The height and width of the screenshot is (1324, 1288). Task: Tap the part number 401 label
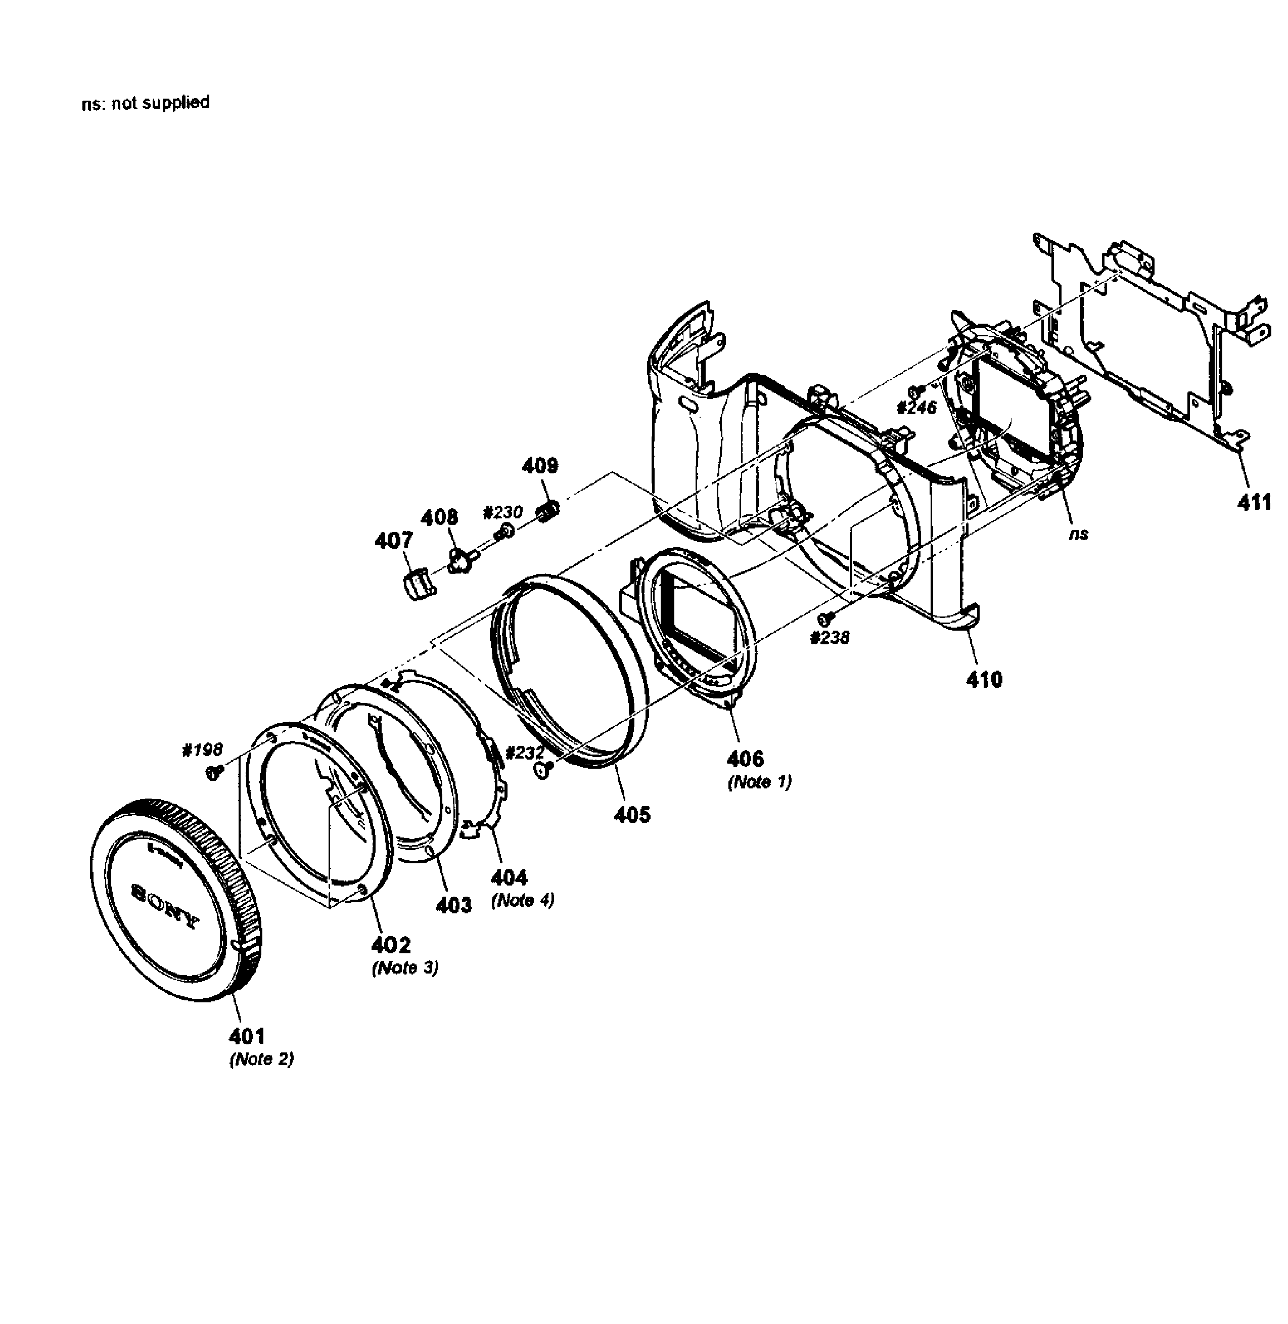(x=247, y=1036)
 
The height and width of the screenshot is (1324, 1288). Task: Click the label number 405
(x=632, y=815)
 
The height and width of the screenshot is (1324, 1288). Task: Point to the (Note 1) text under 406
(x=759, y=782)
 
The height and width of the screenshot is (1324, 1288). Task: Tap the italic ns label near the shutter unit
(x=1078, y=534)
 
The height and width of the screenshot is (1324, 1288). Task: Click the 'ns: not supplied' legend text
(x=146, y=103)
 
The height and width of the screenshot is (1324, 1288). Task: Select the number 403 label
(x=452, y=905)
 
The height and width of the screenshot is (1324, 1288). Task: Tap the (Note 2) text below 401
(x=261, y=1060)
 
